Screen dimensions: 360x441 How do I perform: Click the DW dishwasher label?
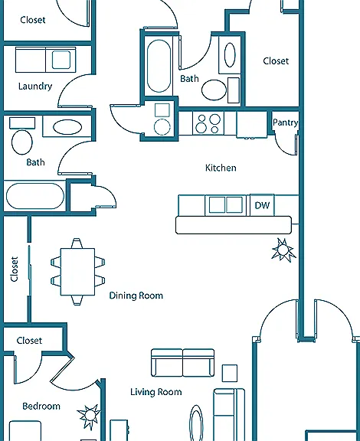[x=262, y=205]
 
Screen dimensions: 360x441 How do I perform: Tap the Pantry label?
[x=285, y=122]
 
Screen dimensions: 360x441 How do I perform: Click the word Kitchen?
[x=221, y=168]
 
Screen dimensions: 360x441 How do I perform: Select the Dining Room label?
[x=136, y=296]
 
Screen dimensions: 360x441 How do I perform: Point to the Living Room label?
[x=156, y=392]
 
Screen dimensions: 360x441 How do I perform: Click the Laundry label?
[x=35, y=86]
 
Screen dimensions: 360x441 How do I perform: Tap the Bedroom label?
[x=41, y=406]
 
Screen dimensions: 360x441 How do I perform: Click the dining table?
[x=77, y=272]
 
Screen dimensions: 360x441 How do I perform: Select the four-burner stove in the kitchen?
[x=208, y=123]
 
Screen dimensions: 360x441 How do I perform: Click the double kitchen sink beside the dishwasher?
[x=226, y=204]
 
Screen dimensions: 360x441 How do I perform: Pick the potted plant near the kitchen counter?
[x=283, y=250]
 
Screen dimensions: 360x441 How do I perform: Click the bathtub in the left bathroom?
[x=35, y=196]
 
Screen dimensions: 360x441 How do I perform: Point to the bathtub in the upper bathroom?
[x=159, y=66]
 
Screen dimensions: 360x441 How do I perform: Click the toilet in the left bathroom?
[x=22, y=142]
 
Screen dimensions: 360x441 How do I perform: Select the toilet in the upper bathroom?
[x=214, y=90]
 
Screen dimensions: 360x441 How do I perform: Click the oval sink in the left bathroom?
[x=67, y=127]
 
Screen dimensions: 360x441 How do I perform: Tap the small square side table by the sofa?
[x=230, y=373]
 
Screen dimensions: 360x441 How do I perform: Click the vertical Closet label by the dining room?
[x=15, y=269]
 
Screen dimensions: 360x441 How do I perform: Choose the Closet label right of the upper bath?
[x=276, y=61]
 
